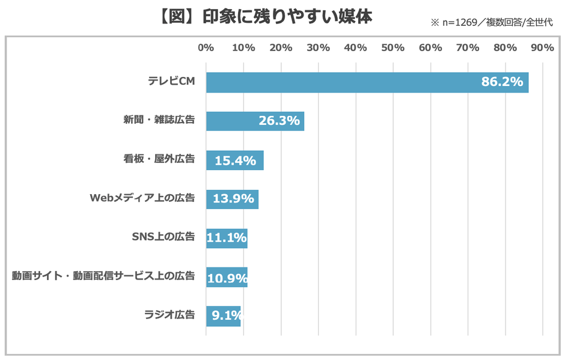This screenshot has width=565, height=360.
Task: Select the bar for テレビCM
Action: pyautogui.click(x=367, y=82)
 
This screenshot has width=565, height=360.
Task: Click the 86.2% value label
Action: pyautogui.click(x=502, y=82)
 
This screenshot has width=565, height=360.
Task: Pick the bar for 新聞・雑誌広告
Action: pyautogui.click(x=255, y=121)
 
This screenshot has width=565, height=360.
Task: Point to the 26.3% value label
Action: pyautogui.click(x=279, y=121)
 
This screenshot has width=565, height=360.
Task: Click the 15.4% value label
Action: pyautogui.click(x=236, y=160)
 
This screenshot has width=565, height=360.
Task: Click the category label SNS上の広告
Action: pyautogui.click(x=163, y=237)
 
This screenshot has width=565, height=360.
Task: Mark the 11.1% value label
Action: pyautogui.click(x=227, y=238)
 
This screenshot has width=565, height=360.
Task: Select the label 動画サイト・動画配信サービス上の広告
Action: pyautogui.click(x=103, y=276)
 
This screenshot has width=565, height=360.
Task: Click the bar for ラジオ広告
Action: pyautogui.click(x=223, y=316)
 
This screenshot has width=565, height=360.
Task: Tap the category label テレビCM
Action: pyautogui.click(x=171, y=82)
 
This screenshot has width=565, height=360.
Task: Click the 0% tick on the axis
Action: pyautogui.click(x=206, y=48)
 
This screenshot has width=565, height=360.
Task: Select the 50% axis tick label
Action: pyautogui.click(x=393, y=48)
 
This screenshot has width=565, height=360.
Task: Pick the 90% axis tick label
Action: pyautogui.click(x=542, y=48)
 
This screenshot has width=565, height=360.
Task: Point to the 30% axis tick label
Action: pyautogui.click(x=318, y=48)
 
